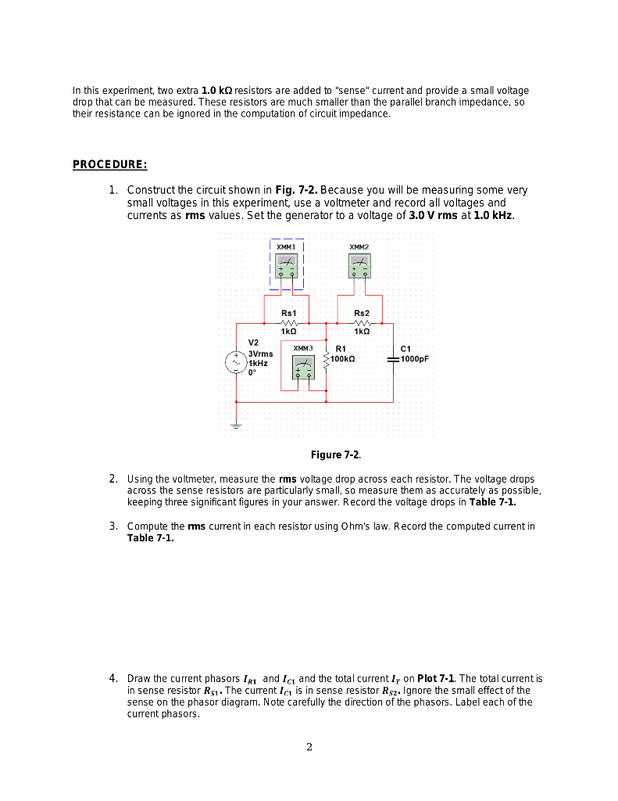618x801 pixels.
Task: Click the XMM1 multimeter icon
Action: click(x=287, y=265)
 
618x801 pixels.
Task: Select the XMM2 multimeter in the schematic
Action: click(x=359, y=265)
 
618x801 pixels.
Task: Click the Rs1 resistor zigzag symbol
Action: click(x=288, y=321)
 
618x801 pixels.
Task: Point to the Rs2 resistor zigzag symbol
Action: click(x=361, y=321)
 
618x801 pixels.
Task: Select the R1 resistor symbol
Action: click(x=327, y=359)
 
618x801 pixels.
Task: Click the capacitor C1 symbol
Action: click(x=393, y=359)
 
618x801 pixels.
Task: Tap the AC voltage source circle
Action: click(x=236, y=362)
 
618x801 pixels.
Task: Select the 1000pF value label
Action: click(x=415, y=359)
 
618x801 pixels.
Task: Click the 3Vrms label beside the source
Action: click(x=260, y=354)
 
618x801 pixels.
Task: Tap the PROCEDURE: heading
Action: click(x=109, y=164)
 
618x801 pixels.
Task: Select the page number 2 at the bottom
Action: click(x=309, y=747)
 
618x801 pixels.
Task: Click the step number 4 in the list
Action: click(x=113, y=678)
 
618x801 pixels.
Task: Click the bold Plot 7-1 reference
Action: click(x=438, y=679)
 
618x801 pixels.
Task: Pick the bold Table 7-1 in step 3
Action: click(x=150, y=538)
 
